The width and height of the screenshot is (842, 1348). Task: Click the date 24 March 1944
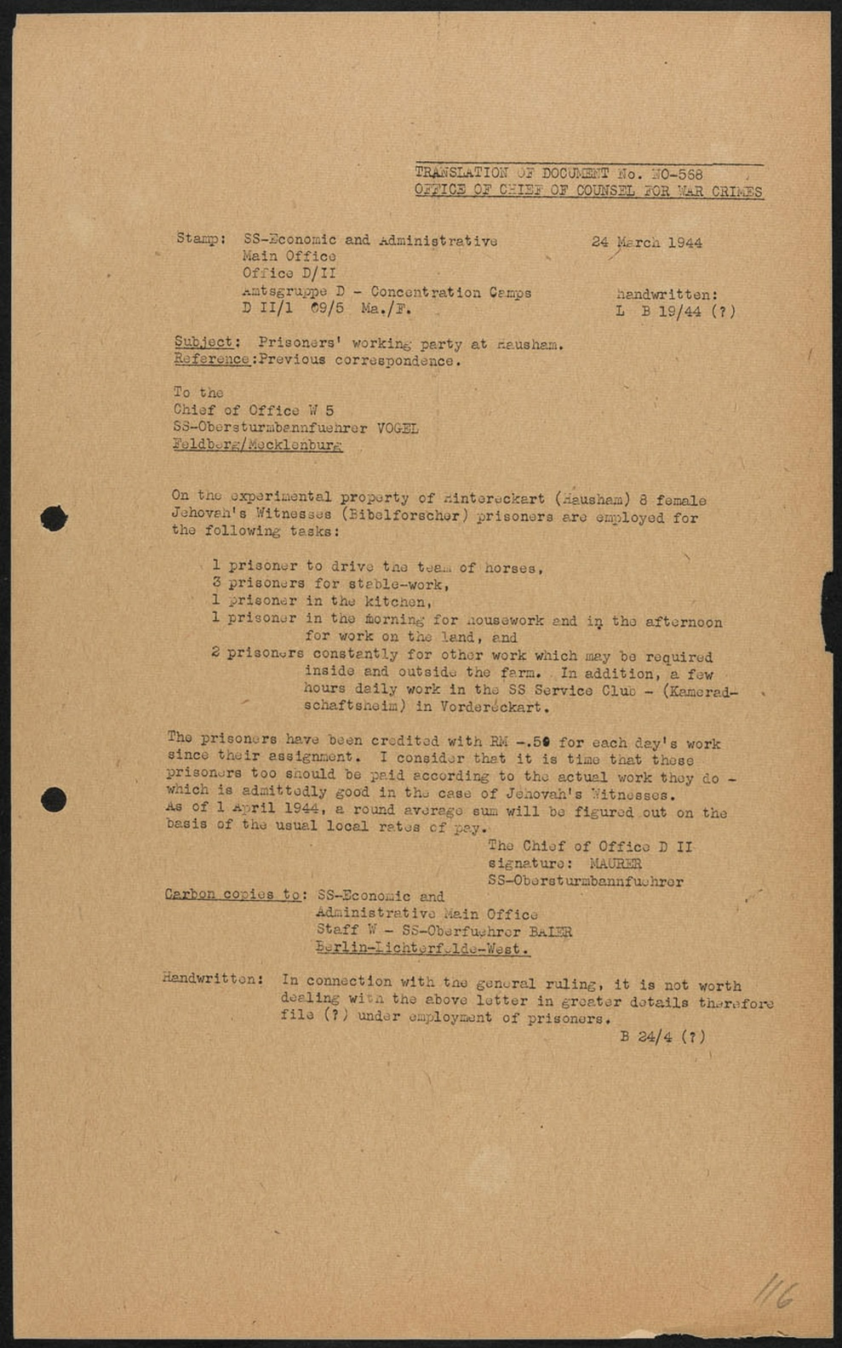(646, 242)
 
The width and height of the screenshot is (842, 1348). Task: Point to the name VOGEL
(397, 427)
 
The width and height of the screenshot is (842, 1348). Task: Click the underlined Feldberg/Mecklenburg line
(257, 445)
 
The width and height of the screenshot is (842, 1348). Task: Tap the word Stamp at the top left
(198, 238)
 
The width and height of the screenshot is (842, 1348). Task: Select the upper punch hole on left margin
(54, 518)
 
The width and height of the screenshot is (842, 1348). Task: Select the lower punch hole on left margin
(54, 800)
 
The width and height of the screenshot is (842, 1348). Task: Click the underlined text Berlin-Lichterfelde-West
(422, 949)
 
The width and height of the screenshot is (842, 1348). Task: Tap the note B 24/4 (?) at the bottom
(662, 1036)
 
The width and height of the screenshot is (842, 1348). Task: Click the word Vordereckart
(494, 707)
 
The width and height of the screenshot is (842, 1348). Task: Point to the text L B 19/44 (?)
(675, 312)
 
